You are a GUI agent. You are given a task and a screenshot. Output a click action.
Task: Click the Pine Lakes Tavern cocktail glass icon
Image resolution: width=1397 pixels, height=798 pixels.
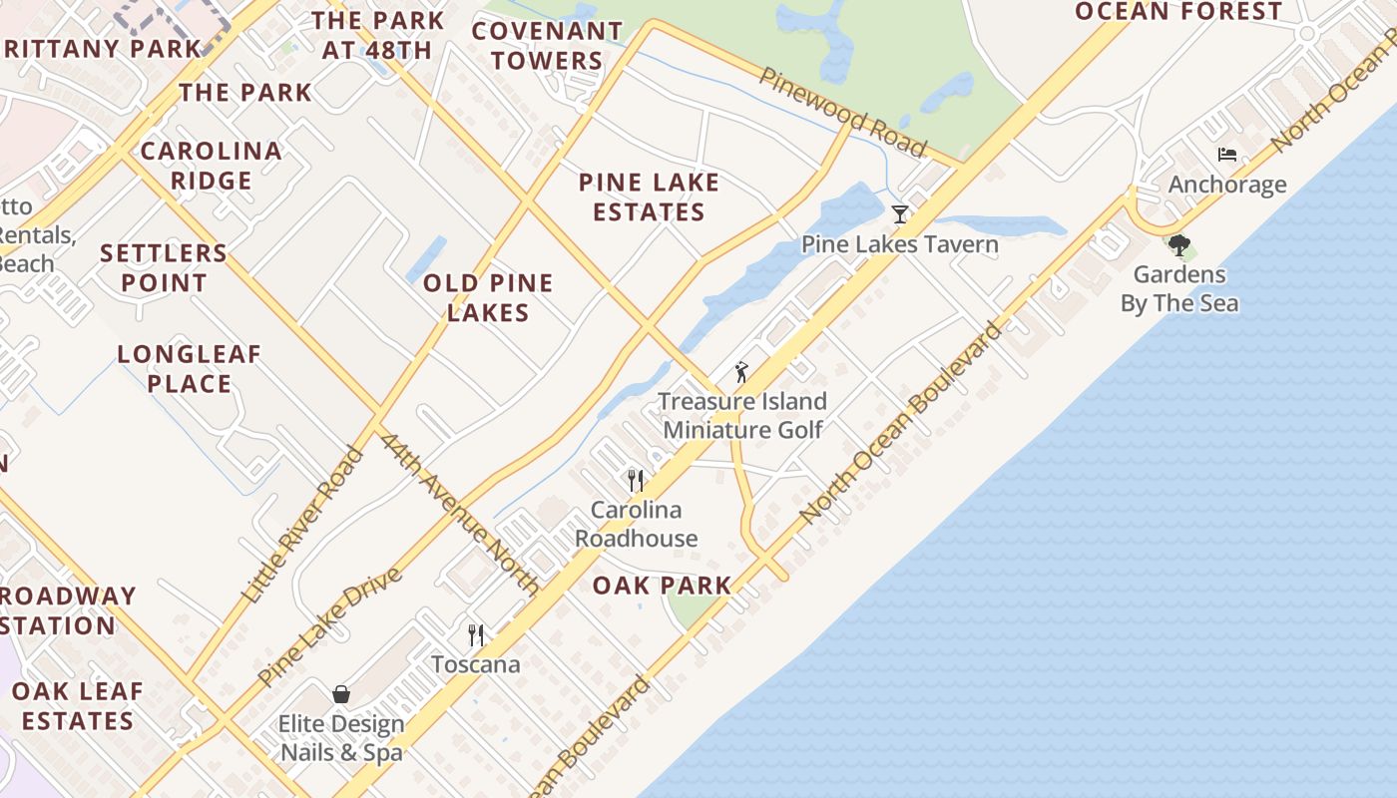click(x=900, y=214)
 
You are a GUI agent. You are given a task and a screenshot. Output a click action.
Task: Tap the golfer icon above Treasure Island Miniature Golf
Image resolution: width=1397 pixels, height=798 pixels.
click(x=741, y=372)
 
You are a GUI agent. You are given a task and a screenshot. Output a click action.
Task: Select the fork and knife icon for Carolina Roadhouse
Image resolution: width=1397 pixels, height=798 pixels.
click(x=636, y=480)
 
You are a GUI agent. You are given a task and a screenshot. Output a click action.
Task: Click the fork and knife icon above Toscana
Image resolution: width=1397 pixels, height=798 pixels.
click(x=476, y=634)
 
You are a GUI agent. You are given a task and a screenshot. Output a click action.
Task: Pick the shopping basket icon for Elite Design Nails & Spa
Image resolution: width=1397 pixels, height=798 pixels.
click(x=341, y=694)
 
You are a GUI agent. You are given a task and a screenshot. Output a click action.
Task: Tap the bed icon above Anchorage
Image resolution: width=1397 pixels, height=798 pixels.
click(x=1227, y=155)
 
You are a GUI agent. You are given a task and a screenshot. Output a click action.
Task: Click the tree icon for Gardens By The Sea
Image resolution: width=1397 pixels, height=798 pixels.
click(x=1179, y=244)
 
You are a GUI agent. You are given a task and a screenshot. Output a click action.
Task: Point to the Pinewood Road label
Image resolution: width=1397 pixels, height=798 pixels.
click(x=843, y=112)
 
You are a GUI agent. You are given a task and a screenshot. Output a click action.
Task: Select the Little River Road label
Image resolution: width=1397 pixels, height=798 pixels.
click(x=303, y=525)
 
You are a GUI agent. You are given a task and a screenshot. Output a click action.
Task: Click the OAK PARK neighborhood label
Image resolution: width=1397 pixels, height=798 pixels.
click(x=662, y=586)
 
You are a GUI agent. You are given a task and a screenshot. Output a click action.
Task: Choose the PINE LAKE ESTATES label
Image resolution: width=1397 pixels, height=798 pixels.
click(x=649, y=198)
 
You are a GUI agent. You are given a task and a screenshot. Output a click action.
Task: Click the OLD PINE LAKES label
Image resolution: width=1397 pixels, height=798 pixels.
click(x=488, y=297)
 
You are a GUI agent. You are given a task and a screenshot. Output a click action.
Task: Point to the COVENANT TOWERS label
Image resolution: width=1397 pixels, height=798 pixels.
click(x=547, y=45)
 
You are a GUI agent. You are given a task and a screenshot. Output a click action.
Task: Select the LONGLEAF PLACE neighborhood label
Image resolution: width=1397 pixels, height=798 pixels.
click(x=189, y=369)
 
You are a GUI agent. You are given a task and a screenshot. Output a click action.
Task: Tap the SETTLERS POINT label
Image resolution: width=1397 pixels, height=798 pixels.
click(x=164, y=267)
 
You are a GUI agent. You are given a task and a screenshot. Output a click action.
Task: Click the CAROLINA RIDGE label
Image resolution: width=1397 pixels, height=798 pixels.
click(x=211, y=166)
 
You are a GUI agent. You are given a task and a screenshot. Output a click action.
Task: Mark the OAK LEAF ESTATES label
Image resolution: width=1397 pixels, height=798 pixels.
click(x=78, y=705)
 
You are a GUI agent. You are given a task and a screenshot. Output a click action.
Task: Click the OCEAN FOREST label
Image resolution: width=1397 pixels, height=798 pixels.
click(x=1177, y=12)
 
